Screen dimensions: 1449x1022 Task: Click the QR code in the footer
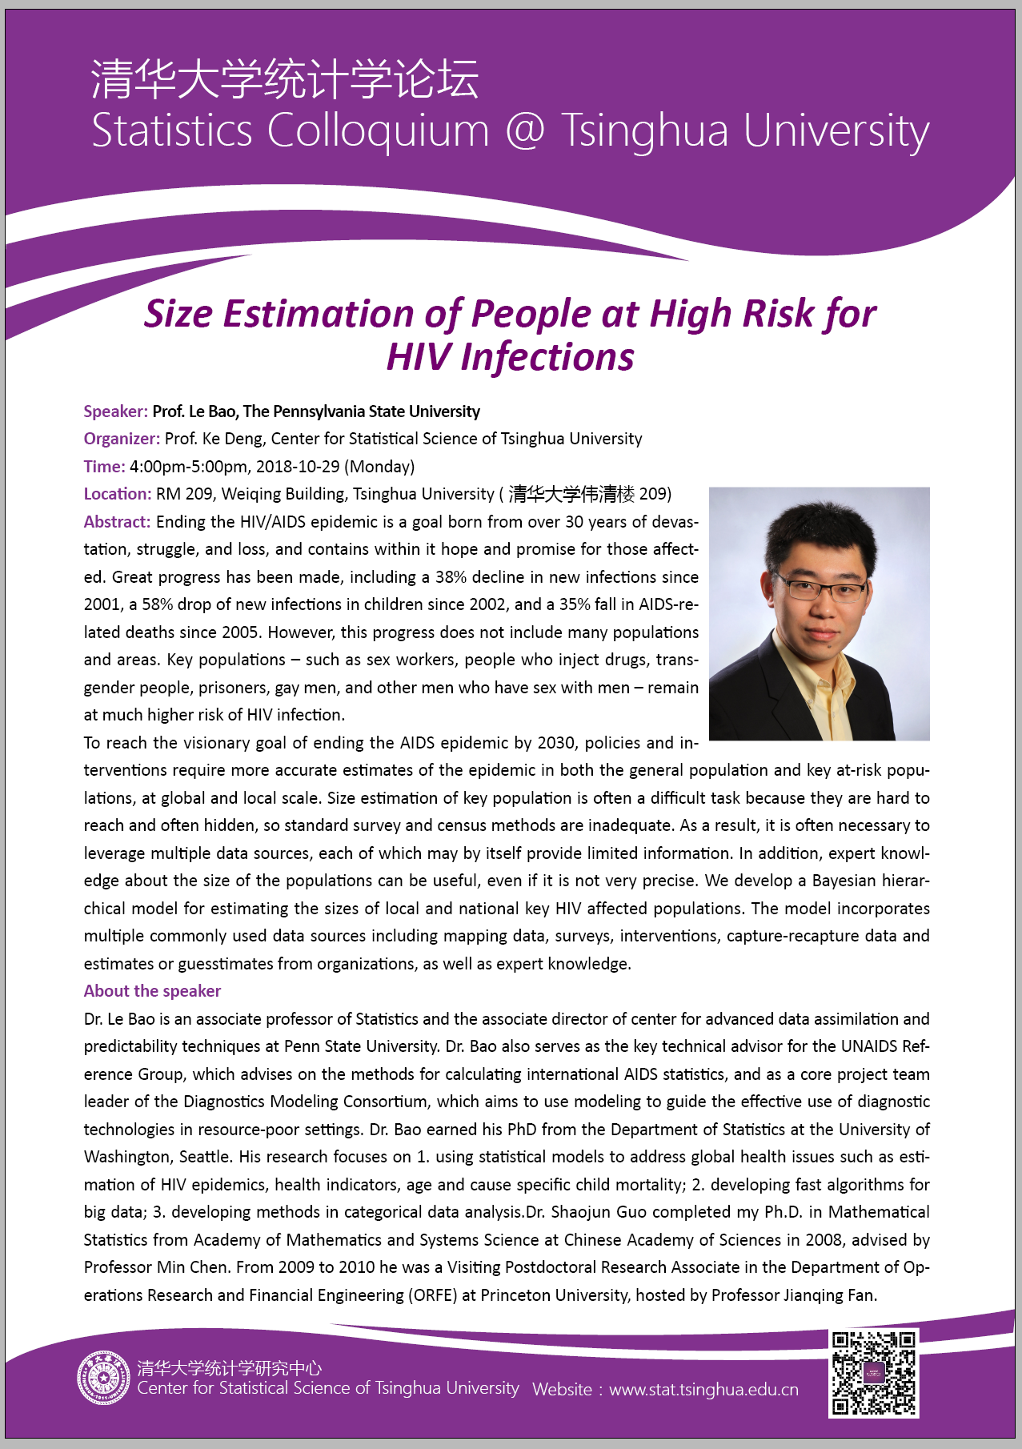874,1373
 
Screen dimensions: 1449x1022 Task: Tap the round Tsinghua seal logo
103,1378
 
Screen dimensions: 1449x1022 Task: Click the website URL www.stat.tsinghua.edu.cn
703,1390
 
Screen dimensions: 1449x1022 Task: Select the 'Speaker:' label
115,411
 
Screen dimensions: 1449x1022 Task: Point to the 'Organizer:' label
122,439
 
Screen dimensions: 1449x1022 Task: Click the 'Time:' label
104,467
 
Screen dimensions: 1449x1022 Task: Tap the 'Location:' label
117,494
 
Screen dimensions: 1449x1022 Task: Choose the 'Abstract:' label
117,522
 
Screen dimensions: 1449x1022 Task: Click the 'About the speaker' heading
152,991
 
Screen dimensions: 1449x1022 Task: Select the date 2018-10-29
297,467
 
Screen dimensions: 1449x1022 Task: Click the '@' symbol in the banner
525,130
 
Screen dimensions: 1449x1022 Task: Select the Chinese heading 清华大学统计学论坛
285,79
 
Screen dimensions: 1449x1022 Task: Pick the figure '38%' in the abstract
451,577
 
